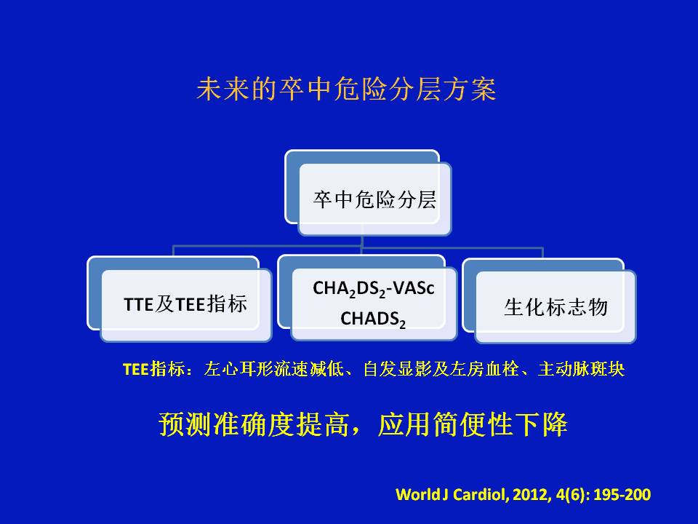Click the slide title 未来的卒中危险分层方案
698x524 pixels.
tap(346, 89)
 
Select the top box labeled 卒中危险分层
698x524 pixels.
tap(368, 192)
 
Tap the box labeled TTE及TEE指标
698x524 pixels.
tap(180, 299)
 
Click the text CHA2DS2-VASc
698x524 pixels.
tap(374, 289)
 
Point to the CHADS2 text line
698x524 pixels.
tap(373, 319)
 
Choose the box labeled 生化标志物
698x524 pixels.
tap(550, 301)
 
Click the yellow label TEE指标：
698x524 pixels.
tap(158, 369)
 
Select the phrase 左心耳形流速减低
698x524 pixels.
tap(274, 369)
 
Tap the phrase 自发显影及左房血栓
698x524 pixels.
tap(441, 369)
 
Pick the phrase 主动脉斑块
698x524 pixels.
tap(581, 369)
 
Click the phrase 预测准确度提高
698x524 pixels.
tap(254, 424)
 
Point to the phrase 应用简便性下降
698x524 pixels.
tap(473, 424)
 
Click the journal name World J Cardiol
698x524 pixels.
tap(452, 495)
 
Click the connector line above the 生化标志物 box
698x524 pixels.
tap(542, 253)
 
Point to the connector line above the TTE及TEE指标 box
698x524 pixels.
tap(173, 251)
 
